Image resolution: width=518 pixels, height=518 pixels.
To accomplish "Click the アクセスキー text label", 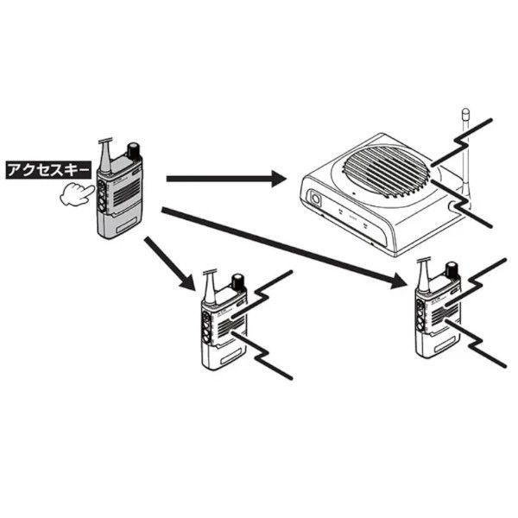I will coord(47,170).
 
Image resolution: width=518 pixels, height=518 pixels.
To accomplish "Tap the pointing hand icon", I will coord(76,194).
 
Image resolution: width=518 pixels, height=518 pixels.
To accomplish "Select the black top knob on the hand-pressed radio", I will coord(134,149).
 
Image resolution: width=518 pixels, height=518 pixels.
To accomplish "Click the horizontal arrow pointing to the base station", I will coord(225,180).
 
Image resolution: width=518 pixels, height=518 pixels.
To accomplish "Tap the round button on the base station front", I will coord(317,200).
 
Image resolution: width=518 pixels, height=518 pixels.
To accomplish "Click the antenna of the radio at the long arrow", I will coord(423,273).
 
